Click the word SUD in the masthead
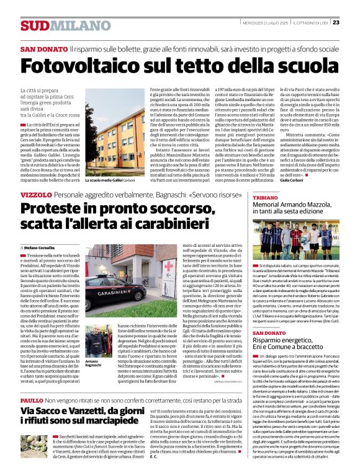point(32,25)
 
